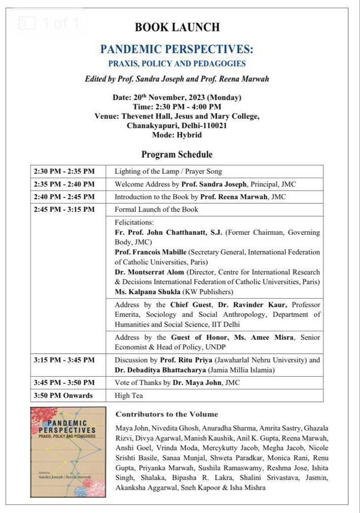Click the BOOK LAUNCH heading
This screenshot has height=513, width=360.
point(177,27)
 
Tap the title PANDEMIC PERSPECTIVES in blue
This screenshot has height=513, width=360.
point(176,49)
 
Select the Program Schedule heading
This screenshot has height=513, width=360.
point(176,154)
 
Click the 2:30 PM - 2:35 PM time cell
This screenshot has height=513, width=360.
point(64,171)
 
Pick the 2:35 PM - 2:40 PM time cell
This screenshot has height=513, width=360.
point(64,184)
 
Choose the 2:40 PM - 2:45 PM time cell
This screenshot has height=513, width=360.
point(64,197)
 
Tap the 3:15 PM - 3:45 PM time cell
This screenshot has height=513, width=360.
point(64,360)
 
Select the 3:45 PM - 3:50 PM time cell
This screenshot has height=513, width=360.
point(64,383)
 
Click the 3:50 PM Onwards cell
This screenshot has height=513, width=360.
point(63,395)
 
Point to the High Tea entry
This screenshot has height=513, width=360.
point(129,395)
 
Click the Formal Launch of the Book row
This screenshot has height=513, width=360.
point(156,209)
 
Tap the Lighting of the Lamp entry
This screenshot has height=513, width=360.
point(168,171)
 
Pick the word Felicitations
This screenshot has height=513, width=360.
point(134,223)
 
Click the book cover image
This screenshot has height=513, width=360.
point(68,452)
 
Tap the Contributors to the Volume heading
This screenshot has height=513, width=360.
point(167,414)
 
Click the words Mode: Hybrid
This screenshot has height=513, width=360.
point(176,135)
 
